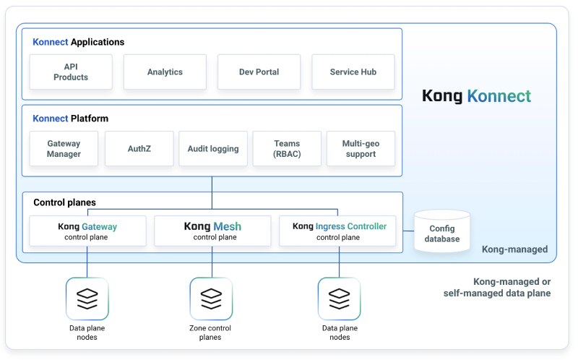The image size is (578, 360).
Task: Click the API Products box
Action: tap(71, 72)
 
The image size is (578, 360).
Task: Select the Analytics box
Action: tap(165, 72)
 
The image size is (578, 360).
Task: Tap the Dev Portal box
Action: tap(259, 72)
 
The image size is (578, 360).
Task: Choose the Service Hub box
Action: tap(353, 72)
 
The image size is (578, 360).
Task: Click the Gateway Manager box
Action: tap(64, 149)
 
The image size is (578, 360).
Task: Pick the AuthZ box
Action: tap(139, 149)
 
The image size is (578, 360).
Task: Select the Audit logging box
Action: tap(213, 149)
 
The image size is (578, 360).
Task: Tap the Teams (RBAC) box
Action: tap(287, 149)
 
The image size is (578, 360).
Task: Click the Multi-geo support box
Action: tap(361, 149)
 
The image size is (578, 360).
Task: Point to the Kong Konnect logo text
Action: tap(476, 96)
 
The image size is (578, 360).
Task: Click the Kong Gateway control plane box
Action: tap(87, 231)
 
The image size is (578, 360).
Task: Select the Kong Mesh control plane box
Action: tap(212, 231)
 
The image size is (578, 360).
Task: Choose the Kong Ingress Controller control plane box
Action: tap(339, 231)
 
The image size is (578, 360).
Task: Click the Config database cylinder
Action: tap(441, 232)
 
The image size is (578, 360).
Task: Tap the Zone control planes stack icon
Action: tap(211, 299)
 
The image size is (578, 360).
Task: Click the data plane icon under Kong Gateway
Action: tap(87, 299)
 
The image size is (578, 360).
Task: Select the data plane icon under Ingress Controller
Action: tap(339, 299)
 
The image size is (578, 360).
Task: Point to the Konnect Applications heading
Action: tap(78, 42)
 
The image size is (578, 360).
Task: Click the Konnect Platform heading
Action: tap(70, 119)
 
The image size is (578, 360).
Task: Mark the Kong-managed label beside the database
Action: tap(514, 249)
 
